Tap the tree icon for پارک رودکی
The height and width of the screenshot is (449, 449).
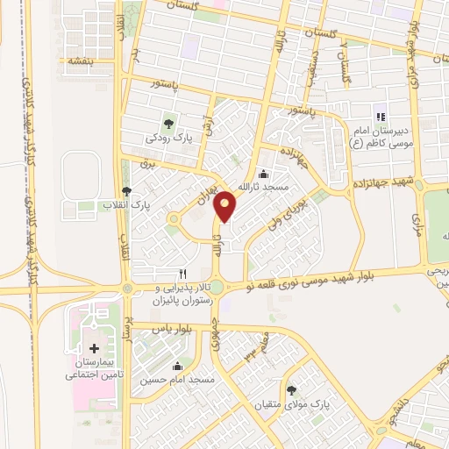167,123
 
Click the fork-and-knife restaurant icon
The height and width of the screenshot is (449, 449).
183,274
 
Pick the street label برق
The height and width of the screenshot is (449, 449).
146,164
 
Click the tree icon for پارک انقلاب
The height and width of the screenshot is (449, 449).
127,190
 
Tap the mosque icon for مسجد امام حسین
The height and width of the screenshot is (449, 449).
179,367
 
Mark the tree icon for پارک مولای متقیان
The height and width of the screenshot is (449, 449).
290,390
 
